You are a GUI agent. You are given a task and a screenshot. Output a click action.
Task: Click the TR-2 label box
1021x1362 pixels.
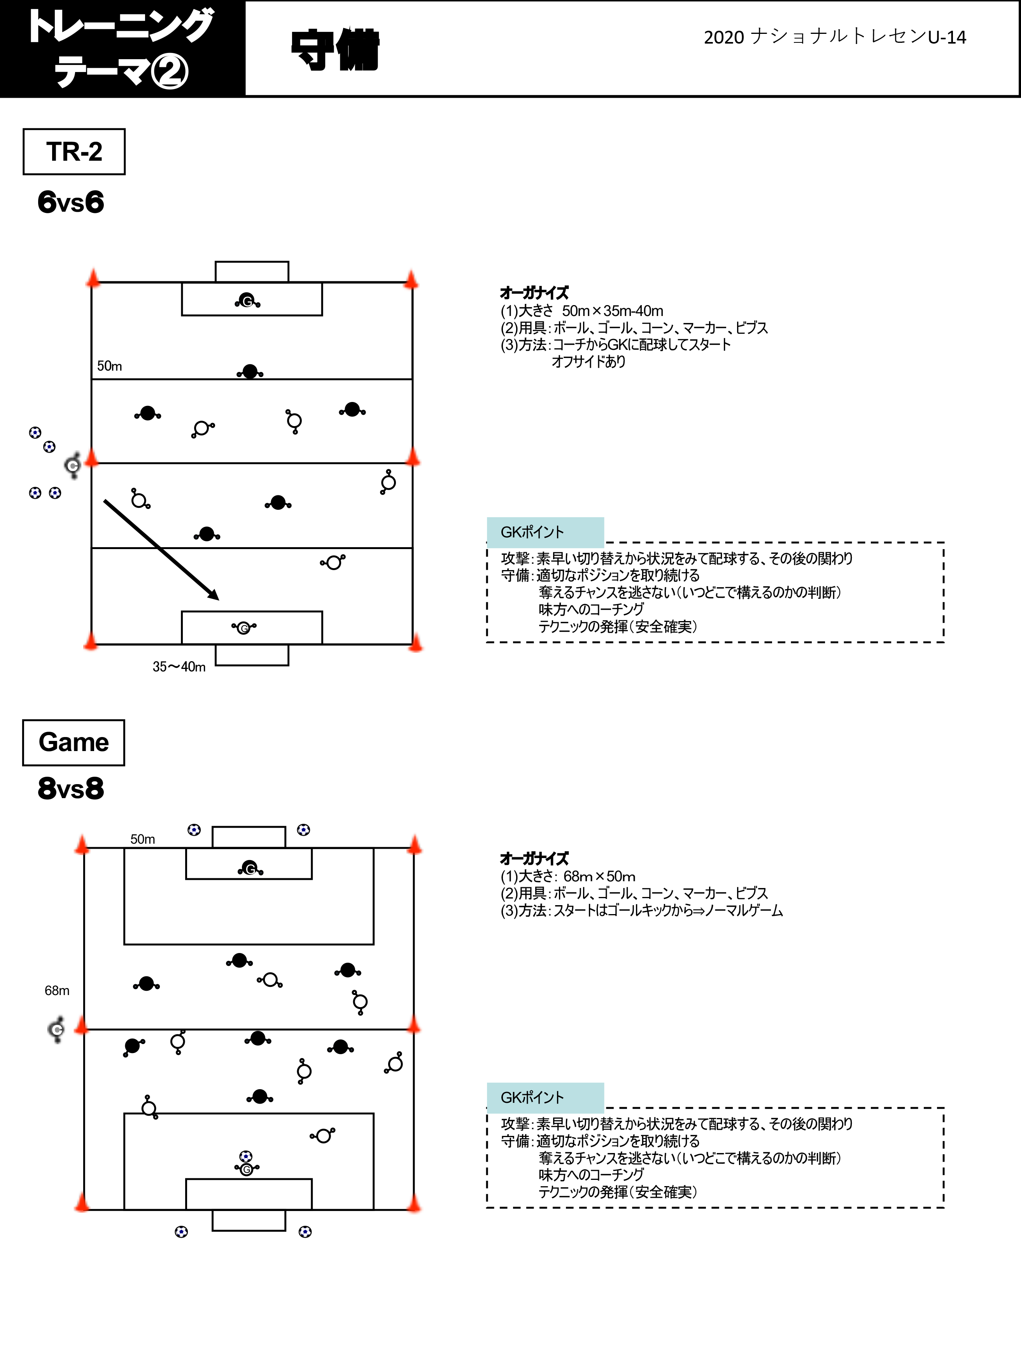74,151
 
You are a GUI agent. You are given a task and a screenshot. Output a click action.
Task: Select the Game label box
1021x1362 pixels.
73,742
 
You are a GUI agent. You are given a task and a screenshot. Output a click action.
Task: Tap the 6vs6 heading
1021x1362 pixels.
71,202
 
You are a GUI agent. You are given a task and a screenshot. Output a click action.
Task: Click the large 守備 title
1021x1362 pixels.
335,49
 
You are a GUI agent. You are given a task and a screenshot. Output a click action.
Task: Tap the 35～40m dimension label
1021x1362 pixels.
179,667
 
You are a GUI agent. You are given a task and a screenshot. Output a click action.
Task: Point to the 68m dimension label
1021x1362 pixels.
57,991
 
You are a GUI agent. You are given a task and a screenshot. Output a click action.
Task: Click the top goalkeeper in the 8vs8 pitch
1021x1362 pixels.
250,868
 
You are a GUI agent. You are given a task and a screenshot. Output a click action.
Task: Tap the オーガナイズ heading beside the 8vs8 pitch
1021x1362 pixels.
534,858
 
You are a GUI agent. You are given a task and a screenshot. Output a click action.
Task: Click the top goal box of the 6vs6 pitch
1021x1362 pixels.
252,272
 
